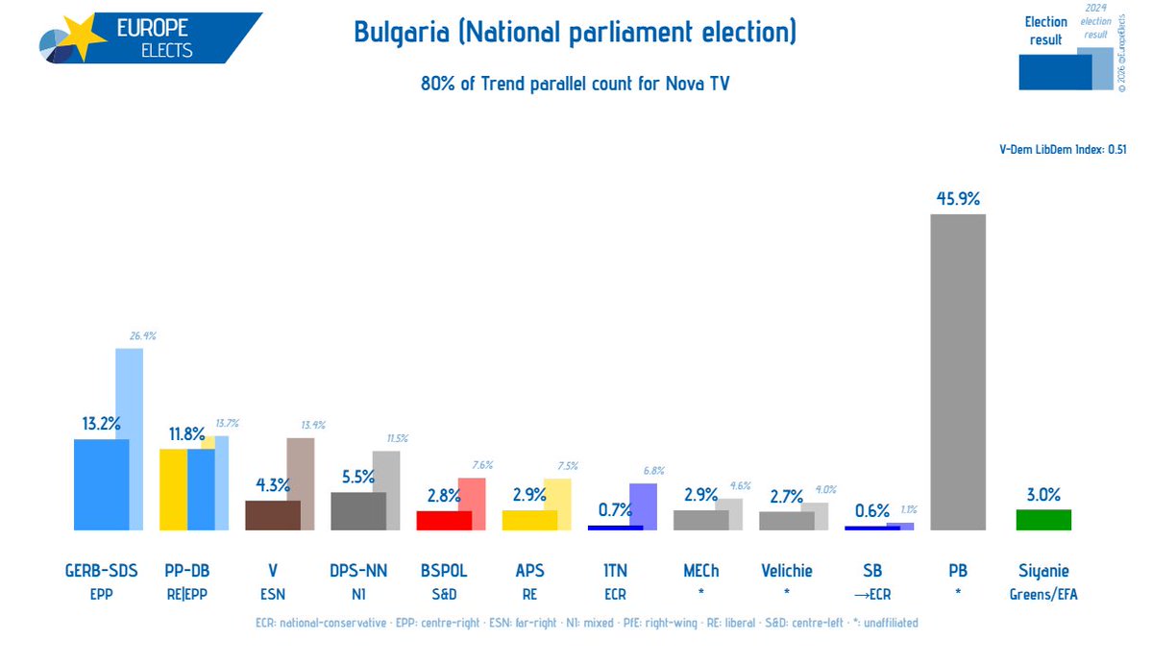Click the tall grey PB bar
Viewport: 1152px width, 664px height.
pyautogui.click(x=958, y=372)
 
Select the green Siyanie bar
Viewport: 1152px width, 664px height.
pyautogui.click(x=1043, y=520)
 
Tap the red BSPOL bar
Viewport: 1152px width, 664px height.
pyautogui.click(x=443, y=520)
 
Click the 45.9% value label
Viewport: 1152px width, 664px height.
pyautogui.click(x=958, y=199)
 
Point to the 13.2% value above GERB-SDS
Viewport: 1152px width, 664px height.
pyautogui.click(x=102, y=424)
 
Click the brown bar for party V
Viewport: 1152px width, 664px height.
pyautogui.click(x=273, y=515)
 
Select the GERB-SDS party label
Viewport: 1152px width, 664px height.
pyautogui.click(x=102, y=571)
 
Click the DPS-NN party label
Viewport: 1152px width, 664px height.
pyautogui.click(x=357, y=571)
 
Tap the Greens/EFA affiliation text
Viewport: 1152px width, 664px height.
pyautogui.click(x=1043, y=595)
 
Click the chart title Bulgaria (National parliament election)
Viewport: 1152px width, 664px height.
pyautogui.click(x=575, y=33)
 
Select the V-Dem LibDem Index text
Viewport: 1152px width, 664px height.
pyautogui.click(x=1063, y=149)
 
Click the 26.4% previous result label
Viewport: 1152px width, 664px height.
pyautogui.click(x=142, y=336)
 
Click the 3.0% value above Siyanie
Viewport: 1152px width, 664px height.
pyautogui.click(x=1043, y=495)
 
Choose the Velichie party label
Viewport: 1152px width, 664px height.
pyautogui.click(x=786, y=571)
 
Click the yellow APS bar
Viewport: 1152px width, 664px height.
pyautogui.click(x=528, y=520)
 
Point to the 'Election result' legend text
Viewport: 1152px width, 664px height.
pyautogui.click(x=1045, y=31)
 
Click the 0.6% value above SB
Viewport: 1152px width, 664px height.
pyautogui.click(x=872, y=510)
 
